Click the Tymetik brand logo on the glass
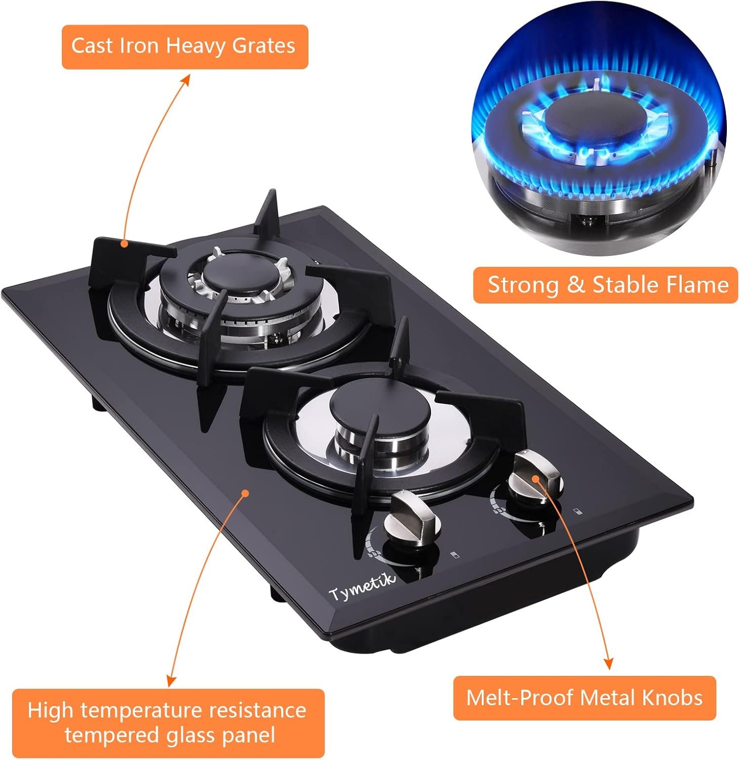(363, 587)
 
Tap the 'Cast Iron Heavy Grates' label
(185, 47)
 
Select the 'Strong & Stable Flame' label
(605, 285)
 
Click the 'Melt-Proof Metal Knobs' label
(585, 698)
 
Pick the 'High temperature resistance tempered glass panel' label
(167, 723)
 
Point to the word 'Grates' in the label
(263, 46)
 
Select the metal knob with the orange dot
(536, 476)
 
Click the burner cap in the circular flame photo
(597, 123)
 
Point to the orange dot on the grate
(123, 244)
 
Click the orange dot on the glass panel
(246, 492)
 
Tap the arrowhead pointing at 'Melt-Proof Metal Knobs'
(609, 663)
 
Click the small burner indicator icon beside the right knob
(577, 511)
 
